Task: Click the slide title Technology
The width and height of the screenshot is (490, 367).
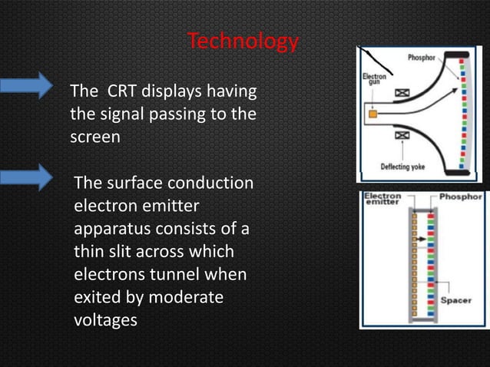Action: (x=243, y=41)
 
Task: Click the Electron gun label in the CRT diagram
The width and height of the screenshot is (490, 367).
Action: (x=375, y=80)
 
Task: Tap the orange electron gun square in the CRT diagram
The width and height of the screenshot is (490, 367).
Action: (x=372, y=114)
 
